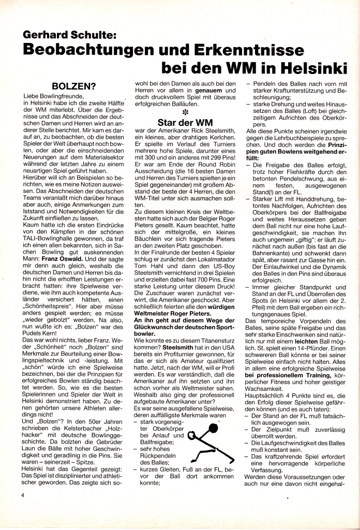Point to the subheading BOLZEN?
[x=74, y=85]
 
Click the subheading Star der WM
[x=184, y=123]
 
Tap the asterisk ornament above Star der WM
[x=184, y=111]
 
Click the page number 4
[x=23, y=494]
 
